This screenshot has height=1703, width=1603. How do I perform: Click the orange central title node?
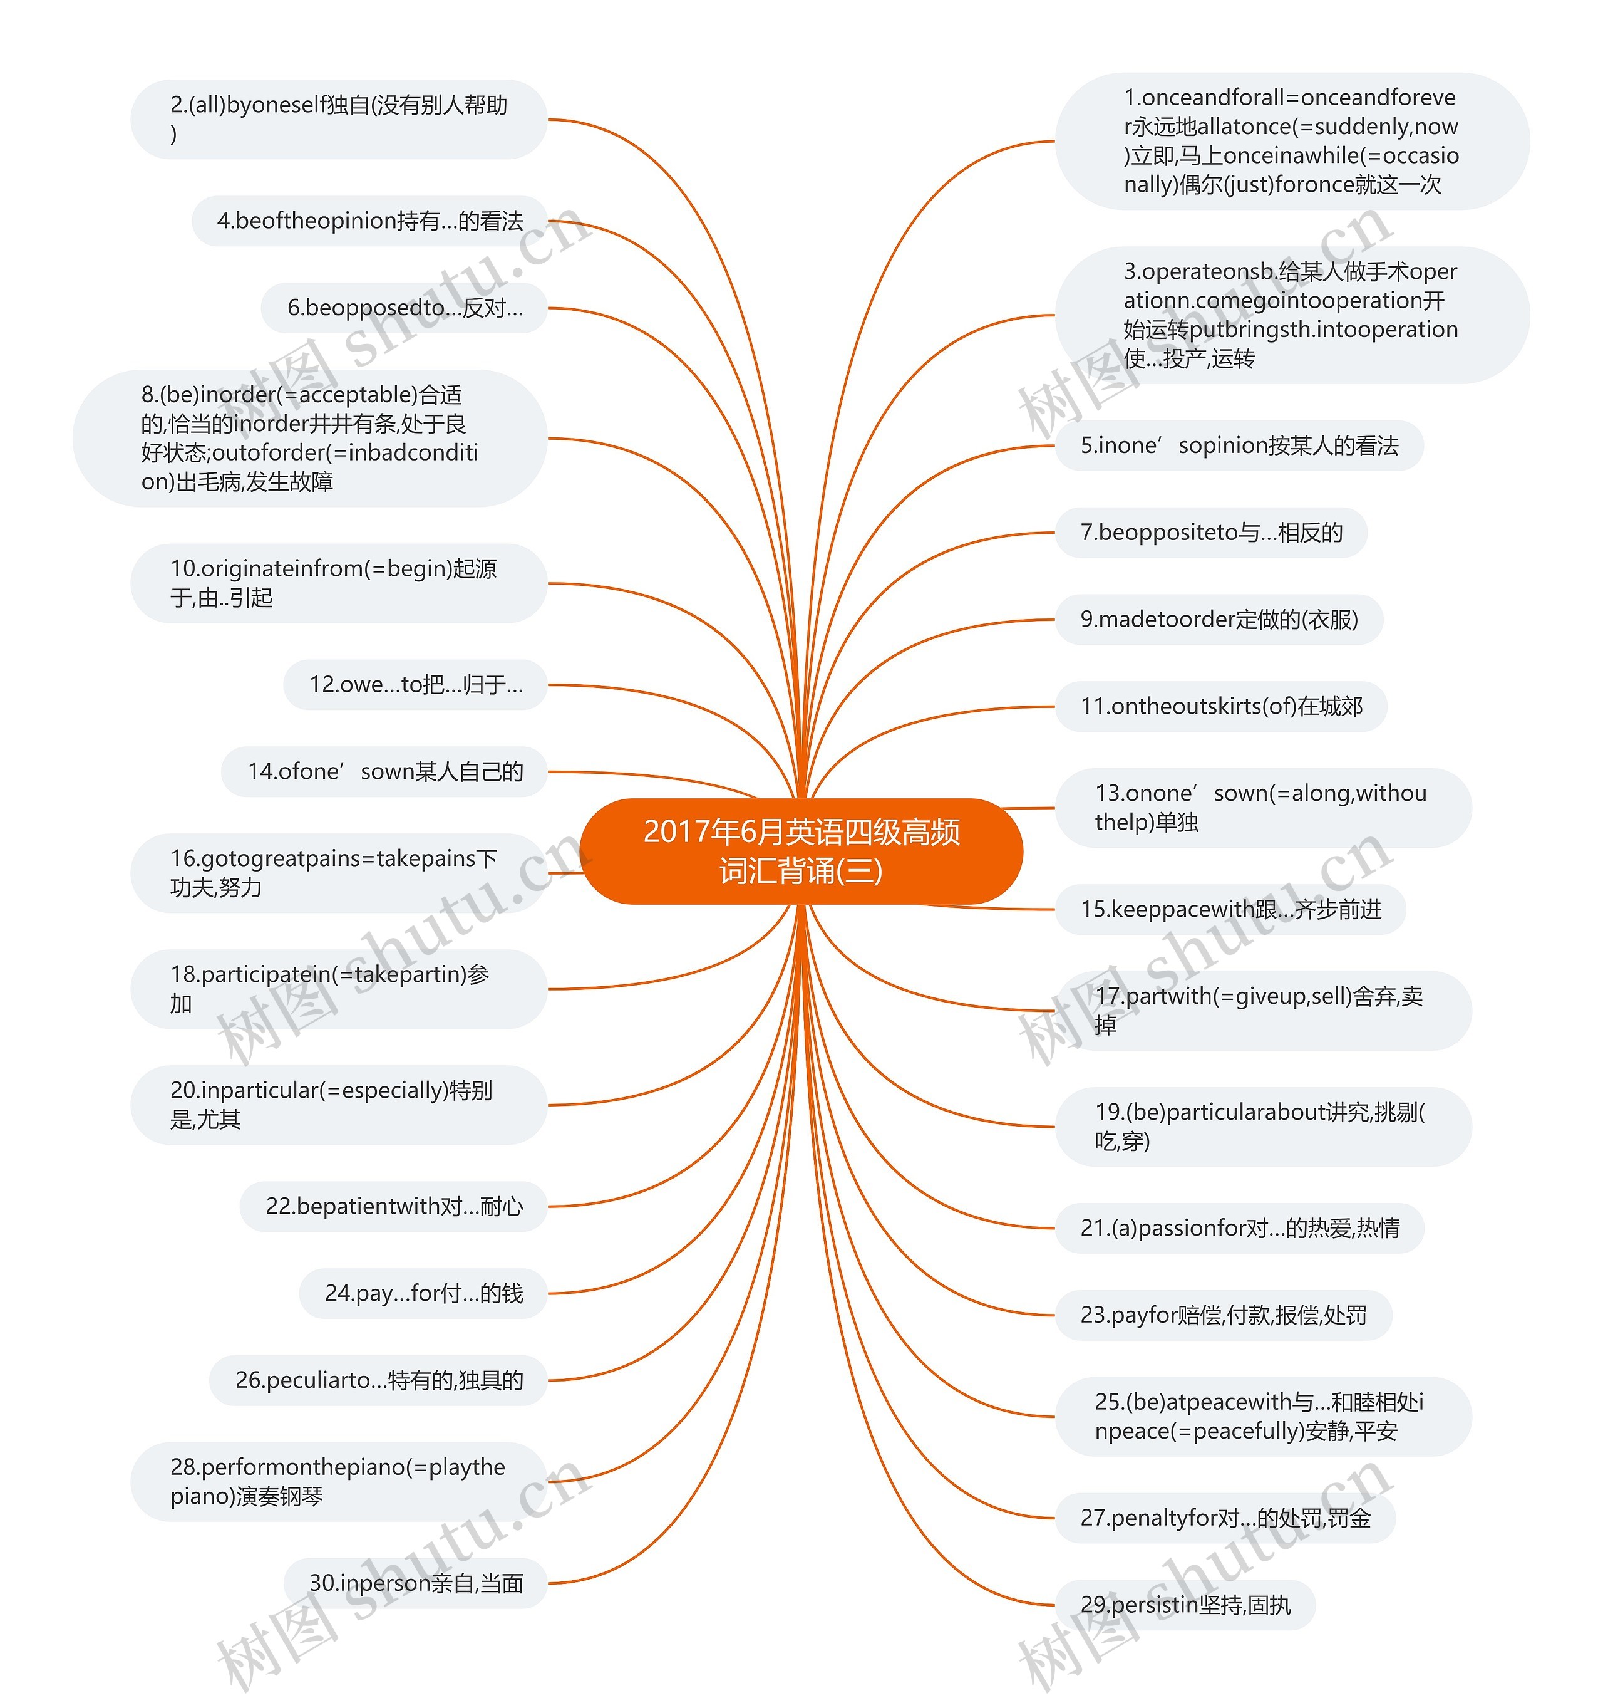[801, 851]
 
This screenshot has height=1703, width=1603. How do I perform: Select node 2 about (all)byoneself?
[338, 119]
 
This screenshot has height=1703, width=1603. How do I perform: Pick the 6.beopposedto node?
[404, 308]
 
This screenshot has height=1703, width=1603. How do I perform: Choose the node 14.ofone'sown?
[384, 772]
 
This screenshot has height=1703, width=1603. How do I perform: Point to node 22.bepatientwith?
[393, 1206]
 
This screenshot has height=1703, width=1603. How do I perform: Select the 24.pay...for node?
[423, 1293]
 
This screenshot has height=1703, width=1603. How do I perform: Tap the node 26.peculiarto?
[378, 1380]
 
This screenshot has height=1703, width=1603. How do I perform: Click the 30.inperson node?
[415, 1583]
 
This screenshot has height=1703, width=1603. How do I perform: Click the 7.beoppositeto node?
[1211, 533]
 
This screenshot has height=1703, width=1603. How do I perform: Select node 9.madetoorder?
[1219, 619]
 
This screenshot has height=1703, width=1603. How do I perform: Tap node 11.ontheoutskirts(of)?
[1220, 707]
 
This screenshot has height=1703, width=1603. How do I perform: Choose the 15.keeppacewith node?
[1230, 909]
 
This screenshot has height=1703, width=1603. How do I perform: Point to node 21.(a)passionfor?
[1239, 1229]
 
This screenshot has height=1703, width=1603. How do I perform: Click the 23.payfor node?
[1223, 1315]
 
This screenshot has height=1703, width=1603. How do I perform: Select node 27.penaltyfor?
[1225, 1518]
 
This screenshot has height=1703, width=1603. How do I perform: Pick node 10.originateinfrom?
[338, 583]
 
